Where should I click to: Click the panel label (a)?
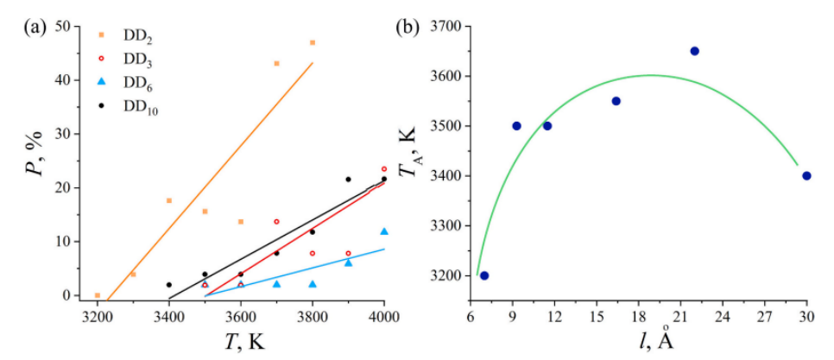35,27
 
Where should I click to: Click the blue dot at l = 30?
806,175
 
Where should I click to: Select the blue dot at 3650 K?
694,51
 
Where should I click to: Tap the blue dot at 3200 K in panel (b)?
484,275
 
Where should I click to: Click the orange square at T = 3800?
313,42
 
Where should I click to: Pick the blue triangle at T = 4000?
384,231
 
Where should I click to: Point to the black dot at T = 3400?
169,284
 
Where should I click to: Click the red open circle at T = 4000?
384,169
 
